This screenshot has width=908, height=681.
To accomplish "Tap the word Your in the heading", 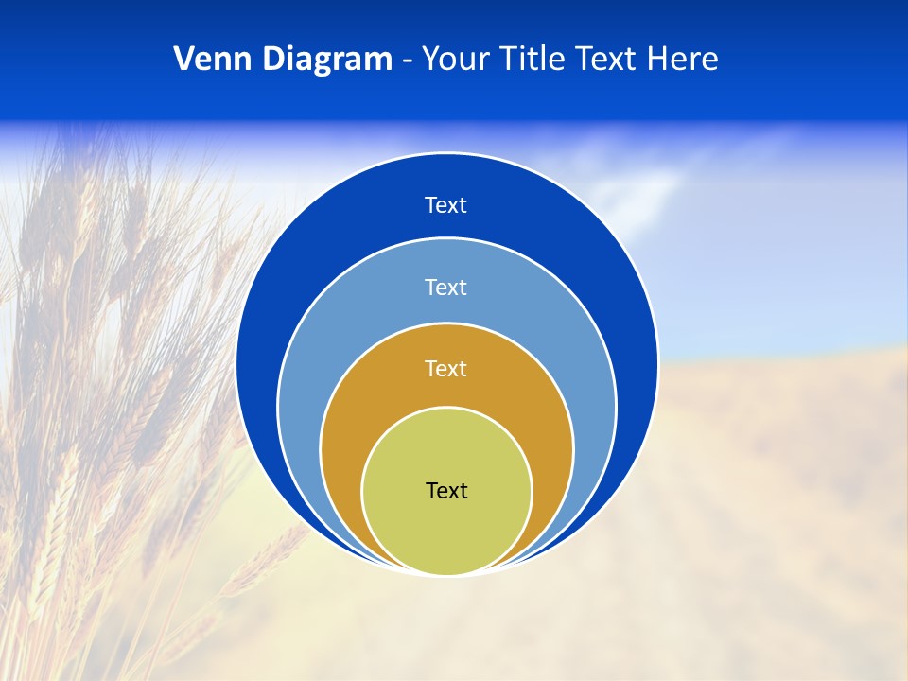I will coord(451,60).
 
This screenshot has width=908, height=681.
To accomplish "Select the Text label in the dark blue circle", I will coord(446,205).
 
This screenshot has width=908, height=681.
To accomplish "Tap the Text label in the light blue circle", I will coord(446,287).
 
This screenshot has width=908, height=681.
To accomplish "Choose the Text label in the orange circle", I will coord(446,368).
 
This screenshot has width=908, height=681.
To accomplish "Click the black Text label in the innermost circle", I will coord(446,491).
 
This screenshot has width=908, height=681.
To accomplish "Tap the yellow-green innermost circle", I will coord(446,530).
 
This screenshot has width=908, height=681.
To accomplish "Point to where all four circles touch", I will coord(446,574).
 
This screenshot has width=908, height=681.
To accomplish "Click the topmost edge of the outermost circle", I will coord(446,153).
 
